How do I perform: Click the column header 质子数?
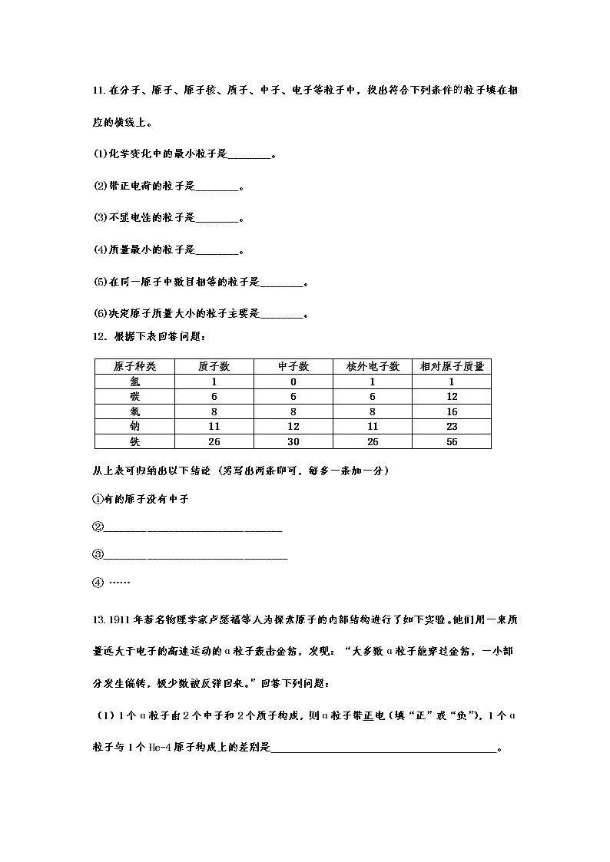click(214, 367)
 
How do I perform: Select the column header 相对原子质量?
click(452, 367)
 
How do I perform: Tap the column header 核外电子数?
click(373, 367)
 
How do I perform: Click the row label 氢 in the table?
click(135, 381)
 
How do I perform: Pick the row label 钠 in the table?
click(135, 426)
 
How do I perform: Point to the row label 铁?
click(135, 441)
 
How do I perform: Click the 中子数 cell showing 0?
click(293, 381)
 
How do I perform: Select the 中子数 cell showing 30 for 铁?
click(293, 441)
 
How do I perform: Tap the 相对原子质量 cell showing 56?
click(452, 441)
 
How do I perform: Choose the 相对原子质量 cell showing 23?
click(452, 426)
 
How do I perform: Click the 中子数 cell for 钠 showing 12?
click(293, 426)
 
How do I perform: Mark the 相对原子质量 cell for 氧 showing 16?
click(452, 411)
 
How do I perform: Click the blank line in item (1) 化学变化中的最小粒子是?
click(250, 154)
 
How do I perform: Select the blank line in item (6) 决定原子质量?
click(283, 314)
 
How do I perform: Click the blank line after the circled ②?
click(192, 527)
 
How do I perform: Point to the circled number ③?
click(98, 554)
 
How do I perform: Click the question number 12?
click(98, 336)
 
